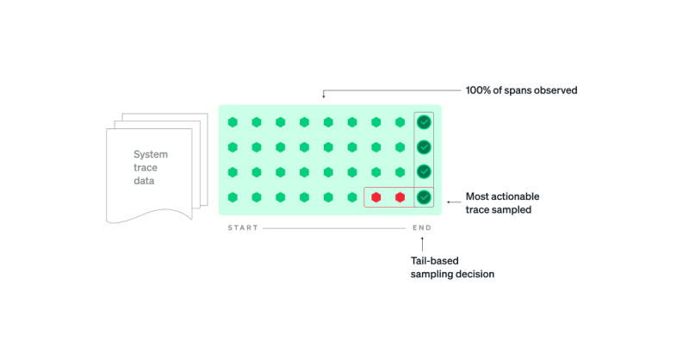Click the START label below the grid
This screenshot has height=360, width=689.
point(243,228)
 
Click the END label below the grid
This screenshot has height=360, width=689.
point(422,228)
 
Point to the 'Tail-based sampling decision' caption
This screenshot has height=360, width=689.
point(452,267)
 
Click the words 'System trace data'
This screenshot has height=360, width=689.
point(151,168)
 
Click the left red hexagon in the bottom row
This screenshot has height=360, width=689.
point(376,198)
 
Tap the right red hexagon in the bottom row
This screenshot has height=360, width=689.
point(400,198)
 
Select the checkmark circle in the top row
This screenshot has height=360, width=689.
point(424,122)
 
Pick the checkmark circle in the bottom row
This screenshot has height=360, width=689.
point(424,198)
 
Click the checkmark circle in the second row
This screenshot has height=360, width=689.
point(424,147)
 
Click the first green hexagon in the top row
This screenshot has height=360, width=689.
point(233,122)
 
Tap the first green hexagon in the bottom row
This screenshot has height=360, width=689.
point(233,198)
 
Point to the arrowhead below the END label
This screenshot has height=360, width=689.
point(422,239)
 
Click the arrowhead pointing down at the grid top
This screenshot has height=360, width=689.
point(324,96)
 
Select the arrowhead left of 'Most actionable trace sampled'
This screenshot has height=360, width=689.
point(448,202)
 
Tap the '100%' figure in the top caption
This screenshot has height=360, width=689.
point(479,90)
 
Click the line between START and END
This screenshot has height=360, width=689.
point(336,228)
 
